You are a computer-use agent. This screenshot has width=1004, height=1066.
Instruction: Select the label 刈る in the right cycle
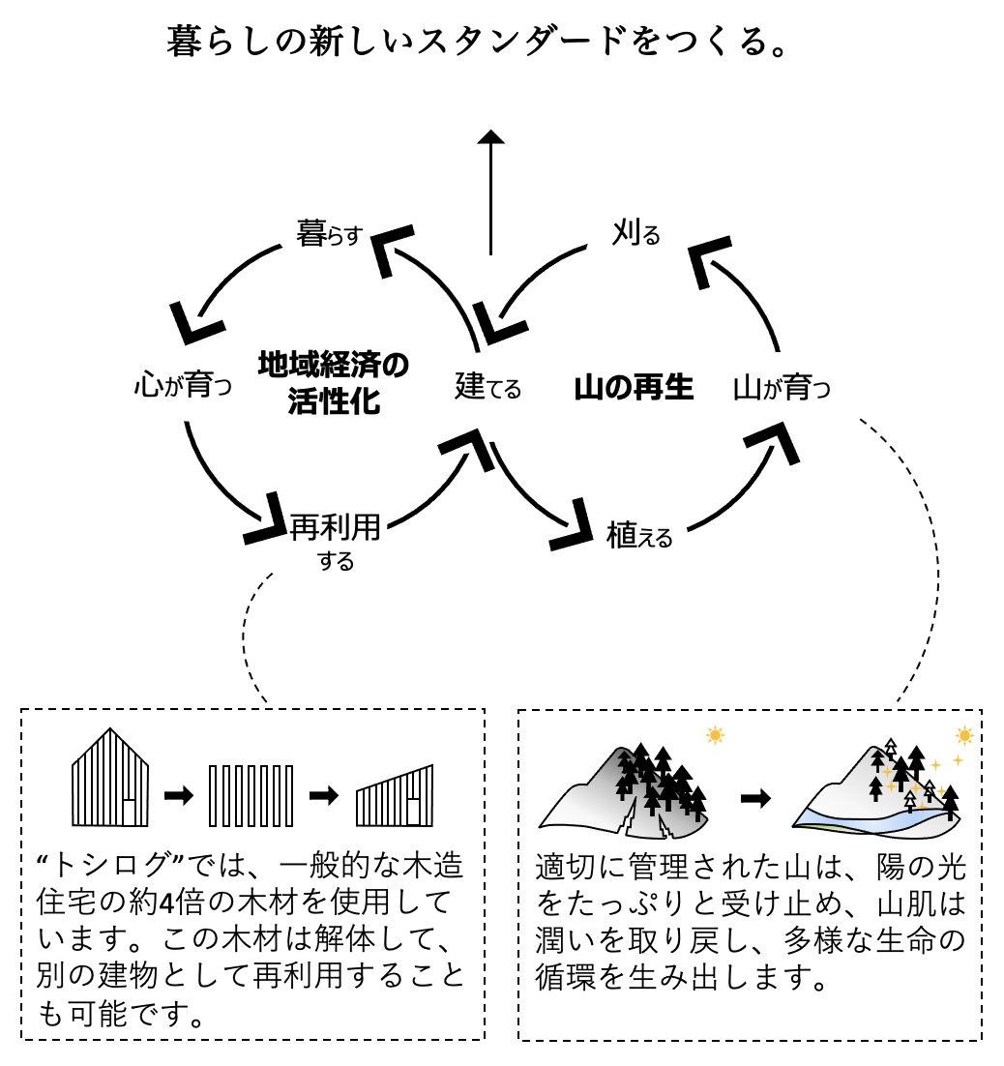pyautogui.click(x=635, y=232)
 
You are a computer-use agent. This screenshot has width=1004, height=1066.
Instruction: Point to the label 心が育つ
pyautogui.click(x=184, y=388)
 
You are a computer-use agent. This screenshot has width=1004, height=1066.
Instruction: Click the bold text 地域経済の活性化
pyautogui.click(x=334, y=383)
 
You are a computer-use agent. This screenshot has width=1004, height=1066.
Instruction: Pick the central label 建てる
pyautogui.click(x=488, y=387)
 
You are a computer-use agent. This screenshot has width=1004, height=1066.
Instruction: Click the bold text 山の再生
pyautogui.click(x=634, y=388)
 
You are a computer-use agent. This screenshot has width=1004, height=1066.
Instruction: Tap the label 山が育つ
pyautogui.click(x=783, y=388)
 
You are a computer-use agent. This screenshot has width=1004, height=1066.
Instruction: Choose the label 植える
pyautogui.click(x=639, y=535)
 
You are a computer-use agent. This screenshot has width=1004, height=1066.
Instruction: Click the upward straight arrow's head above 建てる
pyautogui.click(x=491, y=138)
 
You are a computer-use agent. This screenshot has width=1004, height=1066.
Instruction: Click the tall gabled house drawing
pyautogui.click(x=111, y=777)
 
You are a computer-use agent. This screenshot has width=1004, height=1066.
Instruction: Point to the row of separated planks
pyautogui.click(x=251, y=795)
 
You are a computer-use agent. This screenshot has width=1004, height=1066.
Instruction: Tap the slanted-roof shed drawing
pyautogui.click(x=395, y=796)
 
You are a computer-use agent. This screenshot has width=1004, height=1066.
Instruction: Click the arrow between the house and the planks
pyautogui.click(x=179, y=795)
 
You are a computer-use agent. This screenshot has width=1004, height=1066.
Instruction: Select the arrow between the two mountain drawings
pyautogui.click(x=755, y=799)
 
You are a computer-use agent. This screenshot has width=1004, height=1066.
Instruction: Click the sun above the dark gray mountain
pyautogui.click(x=715, y=735)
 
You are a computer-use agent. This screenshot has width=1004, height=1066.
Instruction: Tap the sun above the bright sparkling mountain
pyautogui.click(x=963, y=735)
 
